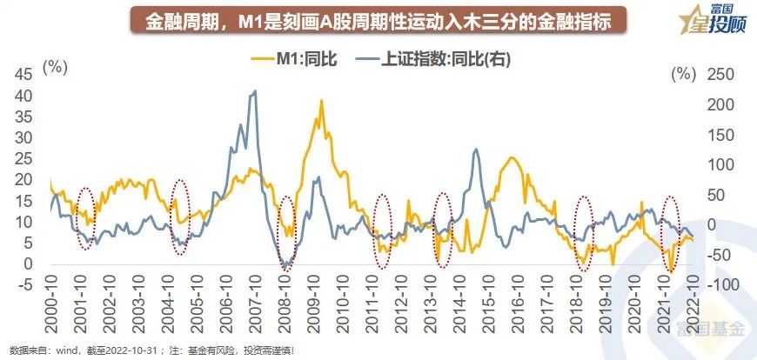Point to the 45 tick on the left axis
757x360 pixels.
tap(30, 74)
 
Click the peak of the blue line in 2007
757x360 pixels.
tap(254, 90)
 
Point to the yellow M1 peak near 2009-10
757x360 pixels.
tap(322, 101)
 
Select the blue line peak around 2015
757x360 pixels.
tap(476, 150)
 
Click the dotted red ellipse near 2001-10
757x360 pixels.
tap(84, 218)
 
